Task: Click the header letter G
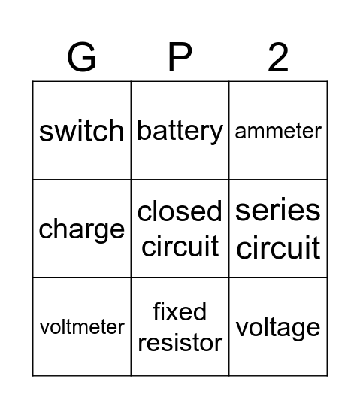tap(82, 57)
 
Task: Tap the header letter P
tap(180, 57)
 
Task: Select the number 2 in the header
tap(278, 57)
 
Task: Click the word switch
tap(82, 131)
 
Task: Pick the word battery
tap(180, 131)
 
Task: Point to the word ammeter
tap(278, 131)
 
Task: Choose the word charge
tap(82, 229)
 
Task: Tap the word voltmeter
tap(82, 327)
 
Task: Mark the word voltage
tap(278, 328)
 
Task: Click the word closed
tap(180, 212)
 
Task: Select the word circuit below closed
tap(180, 246)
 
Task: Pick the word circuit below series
tap(278, 247)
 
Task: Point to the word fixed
tap(180, 311)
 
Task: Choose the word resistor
tap(180, 343)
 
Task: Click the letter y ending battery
tap(216, 134)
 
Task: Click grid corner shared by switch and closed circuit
tap(131, 180)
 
